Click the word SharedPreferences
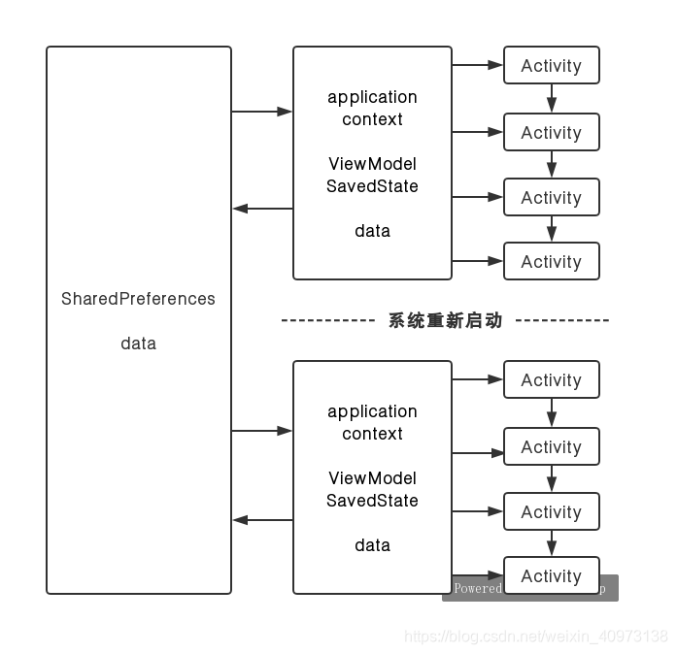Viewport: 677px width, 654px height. tap(138, 299)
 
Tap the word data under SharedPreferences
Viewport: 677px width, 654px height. tap(138, 343)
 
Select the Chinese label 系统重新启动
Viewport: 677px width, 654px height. tap(446, 320)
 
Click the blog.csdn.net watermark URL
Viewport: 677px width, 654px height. tap(535, 637)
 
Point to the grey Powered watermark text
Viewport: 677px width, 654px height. tap(477, 588)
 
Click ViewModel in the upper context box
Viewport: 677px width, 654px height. tap(372, 164)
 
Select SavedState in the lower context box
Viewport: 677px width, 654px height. tap(372, 501)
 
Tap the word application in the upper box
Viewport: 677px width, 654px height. tap(372, 97)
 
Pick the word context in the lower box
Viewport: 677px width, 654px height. tap(372, 434)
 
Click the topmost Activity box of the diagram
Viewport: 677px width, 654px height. tap(551, 66)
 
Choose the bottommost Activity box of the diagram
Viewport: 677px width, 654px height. tap(551, 575)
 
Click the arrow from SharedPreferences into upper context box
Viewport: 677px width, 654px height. tap(262, 112)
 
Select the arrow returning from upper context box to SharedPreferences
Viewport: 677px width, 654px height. tap(262, 209)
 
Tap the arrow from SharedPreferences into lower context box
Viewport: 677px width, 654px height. tap(262, 430)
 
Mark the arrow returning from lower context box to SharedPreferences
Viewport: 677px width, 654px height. tap(262, 520)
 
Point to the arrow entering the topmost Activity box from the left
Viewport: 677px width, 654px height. tap(477, 66)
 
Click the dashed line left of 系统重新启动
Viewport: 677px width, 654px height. tap(327, 320)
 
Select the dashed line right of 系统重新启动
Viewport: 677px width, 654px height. tap(561, 320)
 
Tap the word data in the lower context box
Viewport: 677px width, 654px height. tap(372, 545)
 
